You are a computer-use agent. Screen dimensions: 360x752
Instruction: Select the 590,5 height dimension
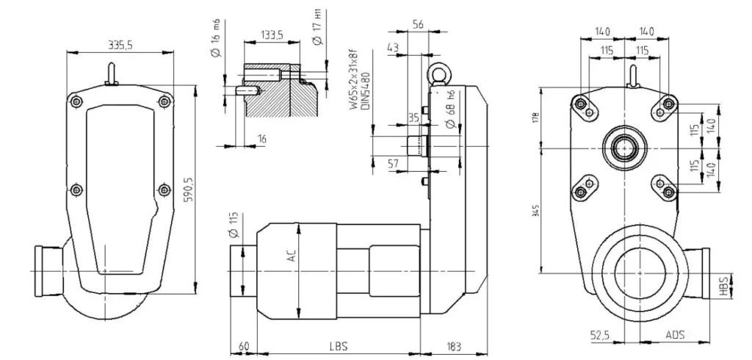pyautogui.click(x=189, y=190)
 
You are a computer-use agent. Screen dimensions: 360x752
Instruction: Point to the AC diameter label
pyautogui.click(x=292, y=258)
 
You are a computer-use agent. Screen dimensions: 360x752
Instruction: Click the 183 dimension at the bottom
pyautogui.click(x=455, y=346)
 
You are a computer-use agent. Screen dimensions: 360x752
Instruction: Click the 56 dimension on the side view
pyautogui.click(x=418, y=24)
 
